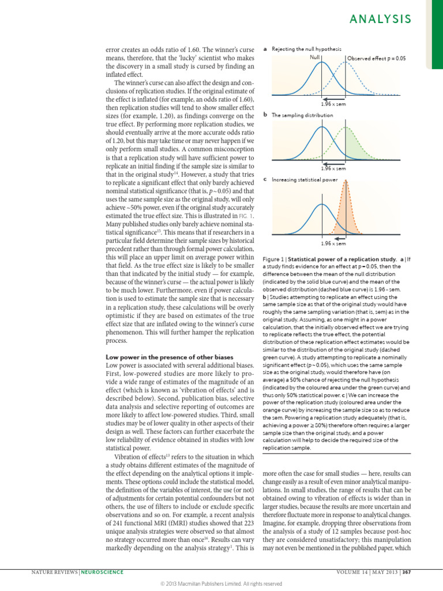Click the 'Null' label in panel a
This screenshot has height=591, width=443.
[x=314, y=57]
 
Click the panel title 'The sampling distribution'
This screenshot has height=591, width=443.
[x=302, y=115]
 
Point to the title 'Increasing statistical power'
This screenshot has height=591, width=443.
[x=305, y=179]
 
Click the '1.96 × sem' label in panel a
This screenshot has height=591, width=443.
[x=333, y=104]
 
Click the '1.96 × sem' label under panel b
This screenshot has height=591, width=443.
[x=333, y=169]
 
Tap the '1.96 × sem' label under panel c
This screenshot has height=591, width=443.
[x=333, y=244]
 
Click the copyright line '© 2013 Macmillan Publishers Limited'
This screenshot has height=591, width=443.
[x=221, y=583]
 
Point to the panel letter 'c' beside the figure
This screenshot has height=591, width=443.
[x=264, y=179]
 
